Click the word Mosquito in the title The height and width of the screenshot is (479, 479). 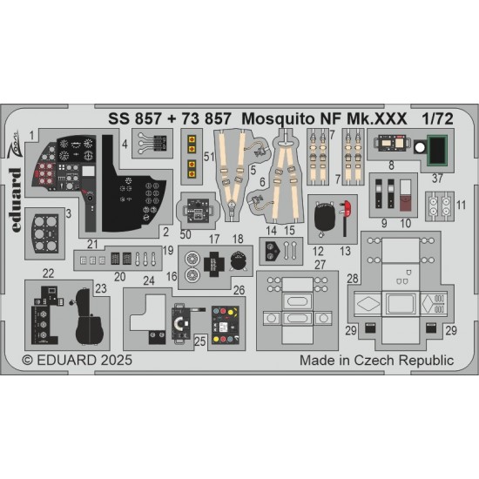[x=278, y=119]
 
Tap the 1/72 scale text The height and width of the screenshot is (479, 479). [x=437, y=118]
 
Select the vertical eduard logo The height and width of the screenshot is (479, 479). [x=16, y=200]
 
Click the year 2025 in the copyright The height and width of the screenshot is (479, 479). [x=116, y=361]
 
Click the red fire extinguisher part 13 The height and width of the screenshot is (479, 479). [x=346, y=218]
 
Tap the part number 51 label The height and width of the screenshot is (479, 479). [x=209, y=157]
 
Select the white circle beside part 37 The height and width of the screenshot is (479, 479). [x=420, y=147]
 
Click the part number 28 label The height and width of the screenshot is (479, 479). [x=353, y=279]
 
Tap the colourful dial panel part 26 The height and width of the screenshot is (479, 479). [x=226, y=326]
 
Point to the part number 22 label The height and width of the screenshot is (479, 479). [x=48, y=273]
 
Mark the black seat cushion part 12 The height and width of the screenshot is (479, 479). [x=325, y=217]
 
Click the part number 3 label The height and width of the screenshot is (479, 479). [x=69, y=213]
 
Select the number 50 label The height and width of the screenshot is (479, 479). [x=186, y=234]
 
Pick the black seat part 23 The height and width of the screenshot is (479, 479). [x=88, y=317]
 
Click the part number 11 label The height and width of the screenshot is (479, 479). [x=461, y=205]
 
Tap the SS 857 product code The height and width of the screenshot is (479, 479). [x=135, y=118]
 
